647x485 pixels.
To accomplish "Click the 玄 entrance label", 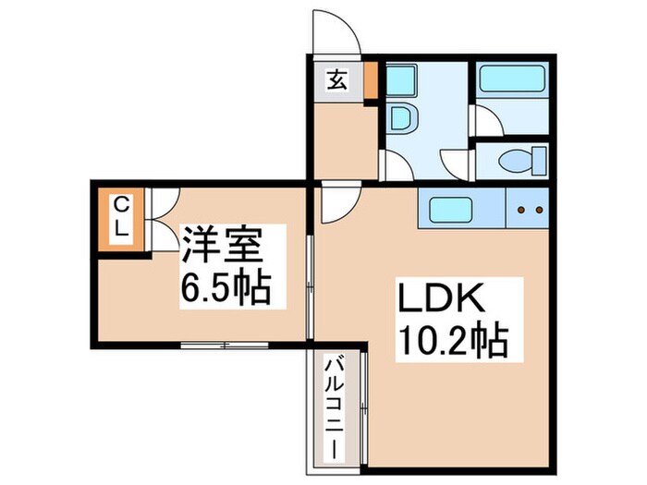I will point(336,80).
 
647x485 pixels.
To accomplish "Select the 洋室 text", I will point(222,246).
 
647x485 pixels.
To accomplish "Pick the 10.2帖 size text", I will point(453,342).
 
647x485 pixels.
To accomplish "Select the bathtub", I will point(510,80).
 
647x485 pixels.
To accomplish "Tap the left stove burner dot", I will point(520,211).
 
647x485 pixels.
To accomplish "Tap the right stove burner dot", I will point(537,211).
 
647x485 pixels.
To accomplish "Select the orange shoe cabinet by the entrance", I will point(371,81).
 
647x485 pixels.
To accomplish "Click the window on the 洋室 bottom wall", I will point(224,345).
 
